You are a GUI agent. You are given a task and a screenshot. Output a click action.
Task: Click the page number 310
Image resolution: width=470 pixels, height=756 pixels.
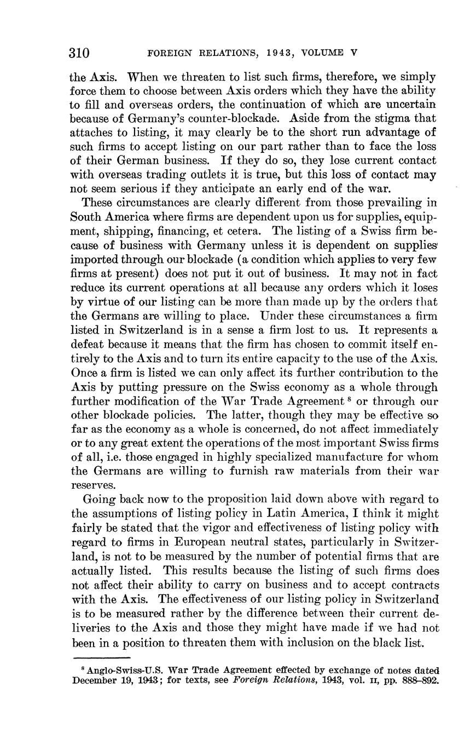coord(79,53)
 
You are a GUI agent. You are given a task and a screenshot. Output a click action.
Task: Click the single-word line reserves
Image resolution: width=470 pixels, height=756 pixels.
coord(94,486)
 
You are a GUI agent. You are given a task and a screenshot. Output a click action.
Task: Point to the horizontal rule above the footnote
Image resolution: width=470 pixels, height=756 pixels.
coord(101,658)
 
